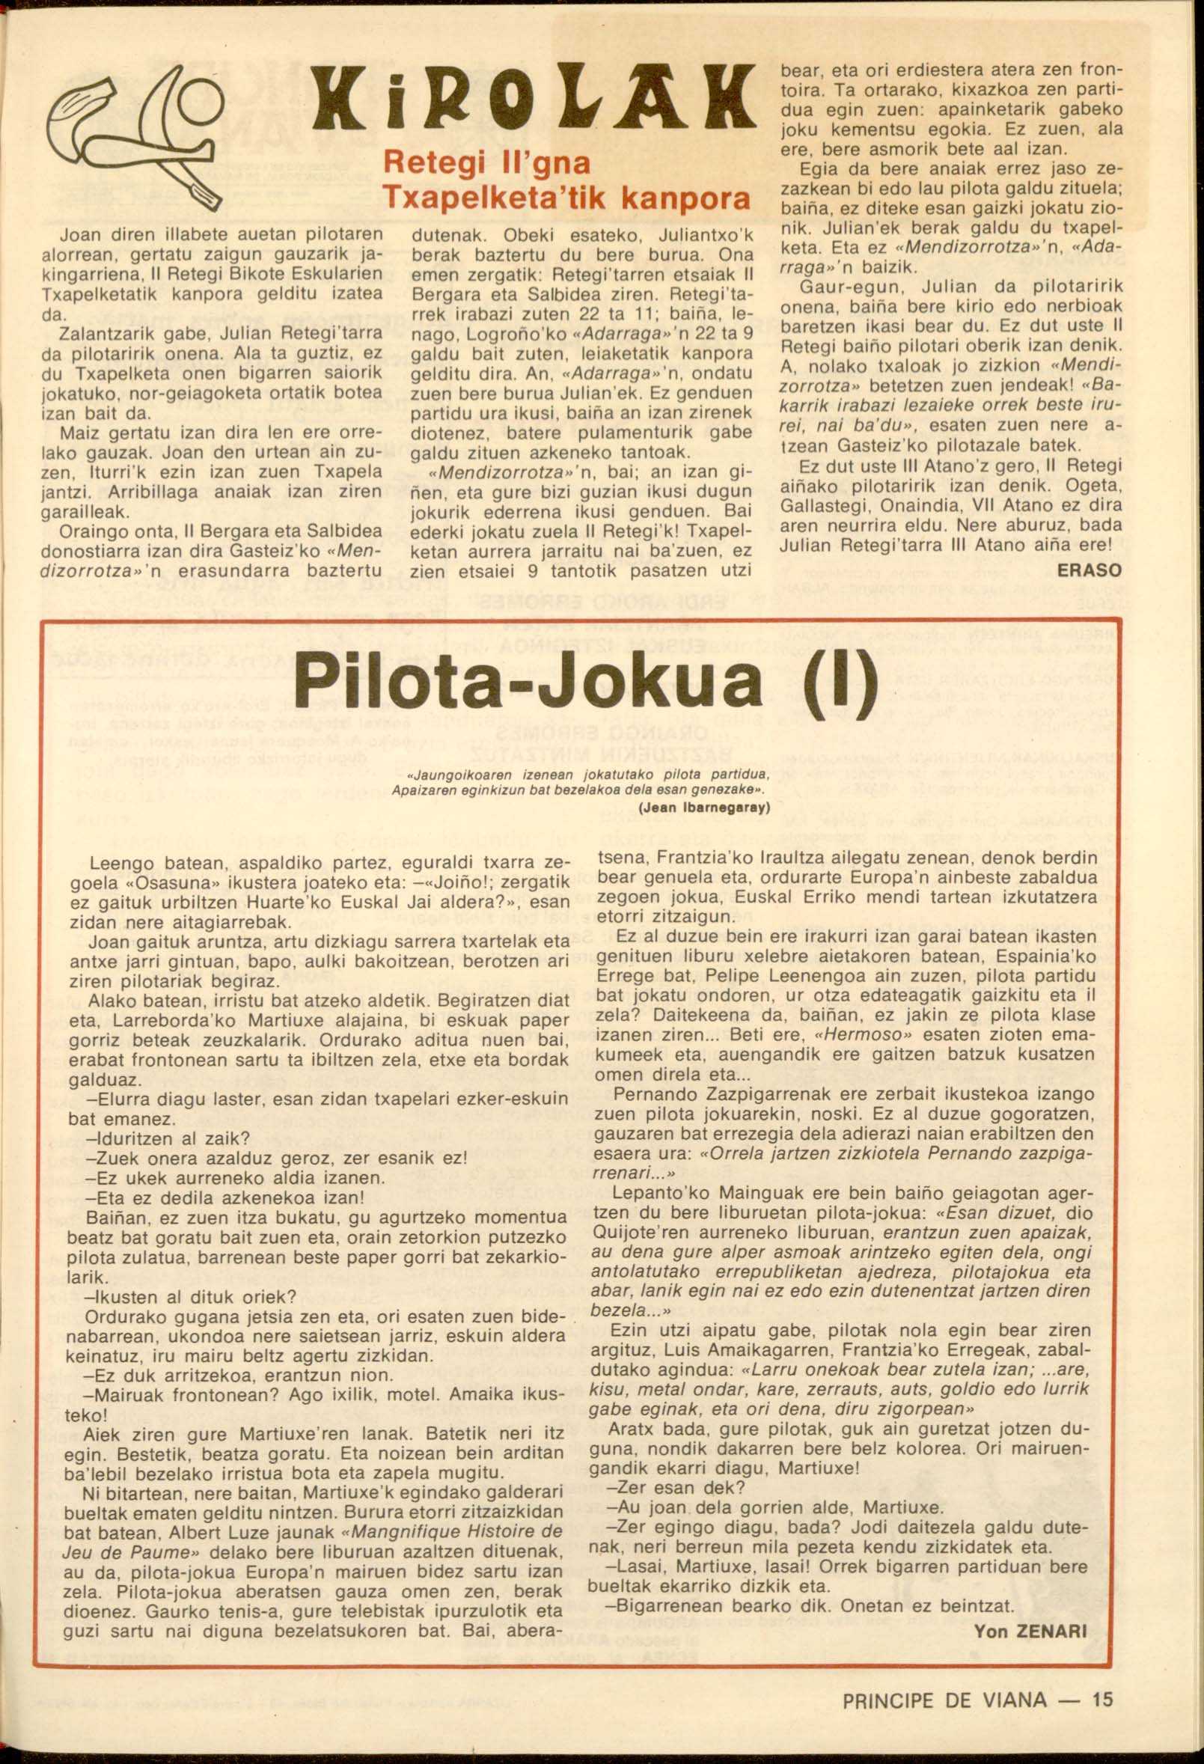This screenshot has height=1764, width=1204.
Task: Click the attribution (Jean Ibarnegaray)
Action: pos(705,808)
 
